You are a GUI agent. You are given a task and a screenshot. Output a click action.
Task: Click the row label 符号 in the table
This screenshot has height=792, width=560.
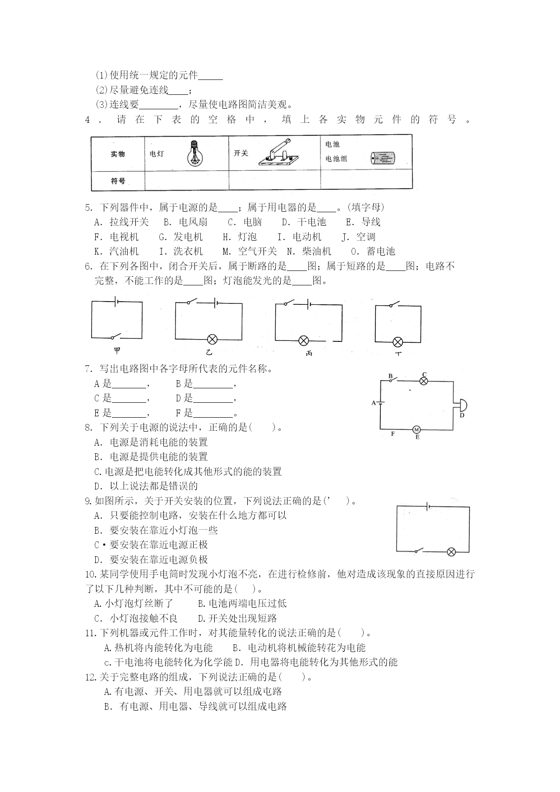coord(118,181)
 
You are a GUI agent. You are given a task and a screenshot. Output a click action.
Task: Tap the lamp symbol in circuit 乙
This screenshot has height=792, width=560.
coord(212,340)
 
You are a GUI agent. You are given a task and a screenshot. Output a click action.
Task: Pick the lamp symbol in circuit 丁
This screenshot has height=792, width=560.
coord(398,341)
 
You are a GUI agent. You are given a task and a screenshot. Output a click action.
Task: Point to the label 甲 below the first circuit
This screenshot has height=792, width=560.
coord(117,350)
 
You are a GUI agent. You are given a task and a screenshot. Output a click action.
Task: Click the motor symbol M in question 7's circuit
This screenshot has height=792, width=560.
coord(417,429)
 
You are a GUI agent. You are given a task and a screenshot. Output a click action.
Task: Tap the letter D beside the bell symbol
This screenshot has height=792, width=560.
coord(462,415)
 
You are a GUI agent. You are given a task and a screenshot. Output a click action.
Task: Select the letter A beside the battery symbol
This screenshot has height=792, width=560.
coord(373,403)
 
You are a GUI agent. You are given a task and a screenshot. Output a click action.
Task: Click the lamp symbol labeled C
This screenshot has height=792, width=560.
coord(423,381)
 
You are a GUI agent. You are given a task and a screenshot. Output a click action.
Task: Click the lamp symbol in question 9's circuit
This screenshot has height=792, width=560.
coord(451,551)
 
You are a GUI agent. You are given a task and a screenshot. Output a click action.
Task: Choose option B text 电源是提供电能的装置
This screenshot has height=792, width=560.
coord(151,457)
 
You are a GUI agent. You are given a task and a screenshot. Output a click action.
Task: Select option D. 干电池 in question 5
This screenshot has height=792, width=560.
coord(304,222)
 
